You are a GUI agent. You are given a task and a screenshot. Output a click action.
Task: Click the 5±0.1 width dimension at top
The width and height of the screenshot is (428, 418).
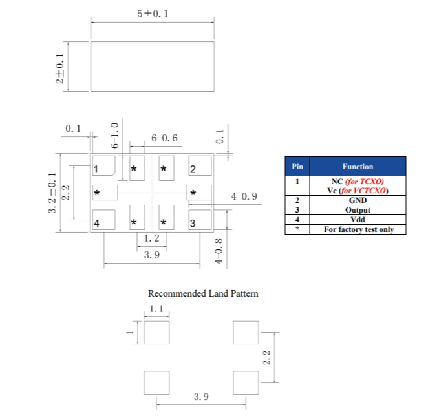point(153,14)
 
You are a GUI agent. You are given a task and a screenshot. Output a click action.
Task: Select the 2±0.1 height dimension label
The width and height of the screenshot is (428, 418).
point(59,68)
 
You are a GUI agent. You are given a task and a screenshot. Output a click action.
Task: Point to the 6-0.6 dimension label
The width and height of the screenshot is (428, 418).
point(164,138)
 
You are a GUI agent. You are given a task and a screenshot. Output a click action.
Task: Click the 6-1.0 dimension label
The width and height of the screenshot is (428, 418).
point(115,135)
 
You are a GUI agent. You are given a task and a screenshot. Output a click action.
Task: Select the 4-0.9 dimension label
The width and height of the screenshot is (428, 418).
point(244,196)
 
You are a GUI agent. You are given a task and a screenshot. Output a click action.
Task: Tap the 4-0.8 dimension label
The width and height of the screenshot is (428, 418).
point(219,251)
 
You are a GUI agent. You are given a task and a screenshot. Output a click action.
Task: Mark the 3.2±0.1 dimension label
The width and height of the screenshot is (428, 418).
point(52,193)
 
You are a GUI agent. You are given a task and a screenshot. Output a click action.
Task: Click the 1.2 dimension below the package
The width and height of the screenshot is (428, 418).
point(152,238)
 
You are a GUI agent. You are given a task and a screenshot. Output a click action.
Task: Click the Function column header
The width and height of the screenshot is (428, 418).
point(358,167)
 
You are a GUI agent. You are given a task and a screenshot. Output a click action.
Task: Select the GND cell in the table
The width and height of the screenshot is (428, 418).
point(358,200)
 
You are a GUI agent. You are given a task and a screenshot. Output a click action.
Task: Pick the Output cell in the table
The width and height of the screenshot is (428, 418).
point(358,210)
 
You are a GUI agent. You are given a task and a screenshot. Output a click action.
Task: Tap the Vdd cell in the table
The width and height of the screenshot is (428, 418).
point(358,220)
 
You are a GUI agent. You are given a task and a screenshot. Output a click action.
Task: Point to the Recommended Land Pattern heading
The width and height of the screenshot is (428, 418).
point(203,293)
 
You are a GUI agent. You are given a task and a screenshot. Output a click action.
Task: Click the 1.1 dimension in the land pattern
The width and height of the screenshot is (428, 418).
point(156,309)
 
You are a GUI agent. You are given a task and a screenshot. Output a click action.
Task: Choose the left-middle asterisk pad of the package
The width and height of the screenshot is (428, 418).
point(105,193)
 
